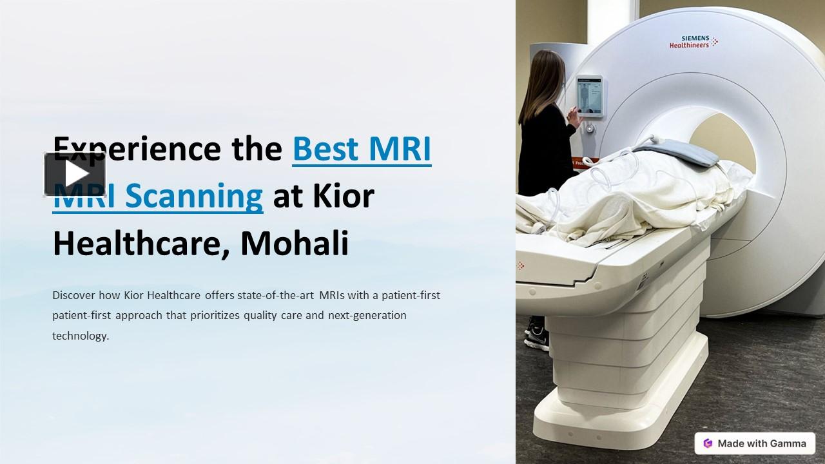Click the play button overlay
click(x=75, y=174)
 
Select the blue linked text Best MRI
click(x=362, y=148)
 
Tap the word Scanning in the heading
click(x=193, y=196)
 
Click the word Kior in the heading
click(x=344, y=196)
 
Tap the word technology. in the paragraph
click(x=81, y=336)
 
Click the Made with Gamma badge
click(x=755, y=443)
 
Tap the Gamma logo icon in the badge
click(x=708, y=443)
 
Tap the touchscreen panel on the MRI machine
click(x=589, y=95)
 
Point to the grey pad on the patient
click(x=677, y=153)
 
